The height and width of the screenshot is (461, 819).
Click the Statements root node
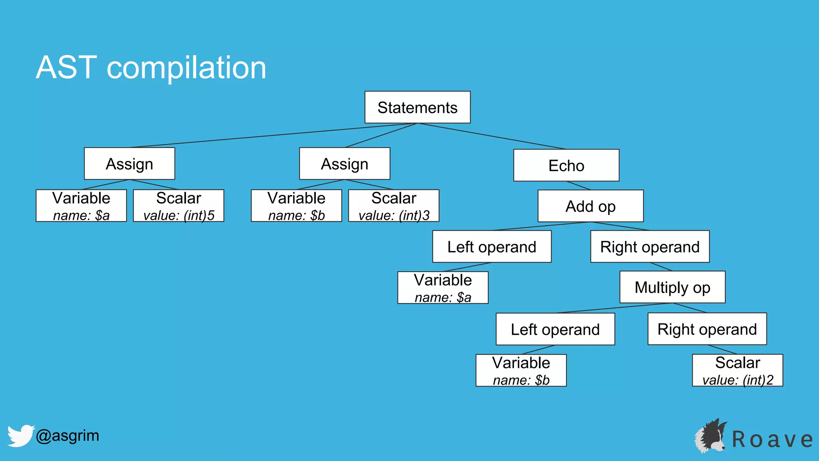click(417, 107)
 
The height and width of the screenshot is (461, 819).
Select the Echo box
click(566, 165)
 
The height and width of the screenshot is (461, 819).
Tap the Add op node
click(591, 206)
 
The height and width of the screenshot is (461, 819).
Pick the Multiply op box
click(672, 287)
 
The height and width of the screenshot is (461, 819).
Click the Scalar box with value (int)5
click(178, 206)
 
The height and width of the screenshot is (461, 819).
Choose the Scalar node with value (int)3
click(394, 206)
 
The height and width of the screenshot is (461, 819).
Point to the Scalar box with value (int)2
click(737, 370)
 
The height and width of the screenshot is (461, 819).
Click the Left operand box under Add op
click(492, 247)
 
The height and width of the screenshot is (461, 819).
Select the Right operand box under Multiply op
click(707, 329)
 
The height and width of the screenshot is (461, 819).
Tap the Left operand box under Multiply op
click(555, 329)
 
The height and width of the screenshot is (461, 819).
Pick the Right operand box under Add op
click(650, 247)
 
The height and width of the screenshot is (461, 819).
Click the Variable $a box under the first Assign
click(81, 206)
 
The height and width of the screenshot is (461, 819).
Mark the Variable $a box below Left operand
click(443, 288)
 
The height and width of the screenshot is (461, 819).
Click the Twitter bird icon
click(20, 435)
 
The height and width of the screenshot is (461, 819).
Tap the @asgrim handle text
click(67, 435)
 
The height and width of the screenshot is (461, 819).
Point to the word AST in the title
click(66, 67)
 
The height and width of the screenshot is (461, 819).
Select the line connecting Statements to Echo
click(492, 136)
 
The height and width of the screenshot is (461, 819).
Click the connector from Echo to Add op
click(579, 185)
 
